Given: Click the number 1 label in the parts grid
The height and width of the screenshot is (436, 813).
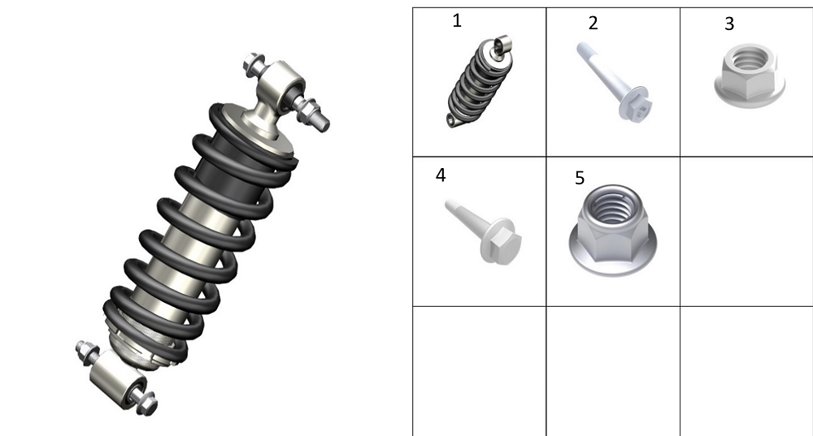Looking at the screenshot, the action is (457, 21).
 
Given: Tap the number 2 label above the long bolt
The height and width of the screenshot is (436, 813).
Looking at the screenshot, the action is (593, 23).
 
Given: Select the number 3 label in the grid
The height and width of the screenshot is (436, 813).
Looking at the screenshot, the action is (729, 24).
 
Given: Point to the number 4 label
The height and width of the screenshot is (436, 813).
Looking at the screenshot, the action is (440, 175).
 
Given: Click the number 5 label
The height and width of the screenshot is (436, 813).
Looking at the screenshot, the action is (580, 178).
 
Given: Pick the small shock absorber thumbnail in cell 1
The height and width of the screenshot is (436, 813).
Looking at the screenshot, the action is (480, 81).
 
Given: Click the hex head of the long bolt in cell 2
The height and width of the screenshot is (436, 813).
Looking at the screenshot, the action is (637, 108).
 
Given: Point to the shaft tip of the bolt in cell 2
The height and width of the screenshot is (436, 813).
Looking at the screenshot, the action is (580, 48).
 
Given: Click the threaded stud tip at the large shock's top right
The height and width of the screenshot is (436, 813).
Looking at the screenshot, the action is (322, 123).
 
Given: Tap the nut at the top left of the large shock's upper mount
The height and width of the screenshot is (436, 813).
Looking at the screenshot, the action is (254, 63).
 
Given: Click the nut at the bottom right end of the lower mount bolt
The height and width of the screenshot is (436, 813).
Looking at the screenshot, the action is (147, 403).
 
